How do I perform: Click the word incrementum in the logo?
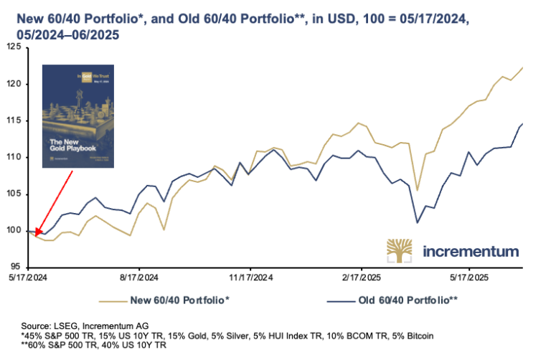471,252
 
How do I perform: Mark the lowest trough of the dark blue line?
418,222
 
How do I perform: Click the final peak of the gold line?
522,67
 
